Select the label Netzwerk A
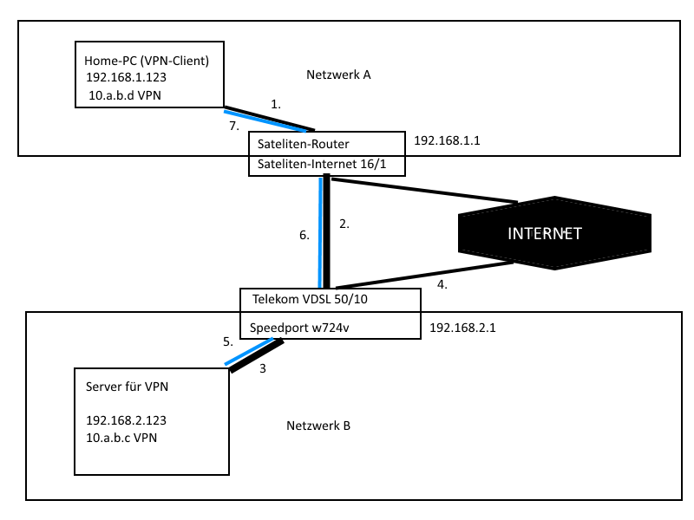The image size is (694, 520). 338,75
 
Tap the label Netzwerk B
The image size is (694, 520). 318,426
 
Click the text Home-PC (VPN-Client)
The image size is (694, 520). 147,62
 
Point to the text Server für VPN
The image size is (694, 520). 127,387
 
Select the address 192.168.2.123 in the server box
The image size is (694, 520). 126,420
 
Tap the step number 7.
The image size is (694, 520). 232,126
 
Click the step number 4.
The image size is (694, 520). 442,283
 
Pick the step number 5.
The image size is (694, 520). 227,341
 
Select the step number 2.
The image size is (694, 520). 344,224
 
